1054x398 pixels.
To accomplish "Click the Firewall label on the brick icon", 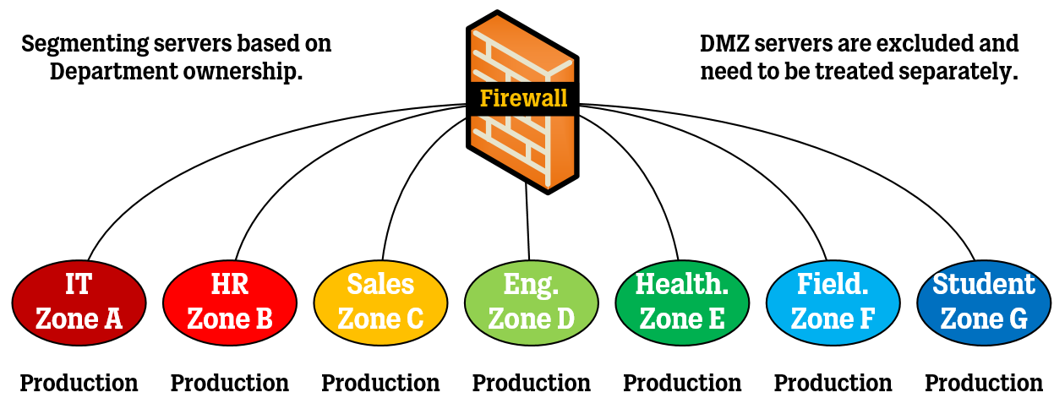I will point(523,98).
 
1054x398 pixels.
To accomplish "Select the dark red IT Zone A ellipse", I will point(79,302).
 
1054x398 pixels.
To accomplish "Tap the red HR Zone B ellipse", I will point(229,302).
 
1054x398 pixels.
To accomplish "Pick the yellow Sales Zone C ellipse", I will point(380,302).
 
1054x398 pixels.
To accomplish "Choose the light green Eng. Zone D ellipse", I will point(531,302).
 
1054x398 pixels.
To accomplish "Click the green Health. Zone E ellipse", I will point(682,302).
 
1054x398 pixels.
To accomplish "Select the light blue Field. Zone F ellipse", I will point(833,302).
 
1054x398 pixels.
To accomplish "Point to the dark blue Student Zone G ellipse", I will point(984,302).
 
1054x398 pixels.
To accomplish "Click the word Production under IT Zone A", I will point(79,383).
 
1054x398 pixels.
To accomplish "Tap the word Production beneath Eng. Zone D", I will point(531,383).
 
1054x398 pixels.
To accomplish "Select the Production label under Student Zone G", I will point(984,383).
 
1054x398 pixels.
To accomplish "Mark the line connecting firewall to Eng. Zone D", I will point(528,224).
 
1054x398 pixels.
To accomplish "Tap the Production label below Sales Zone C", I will point(380,383).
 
